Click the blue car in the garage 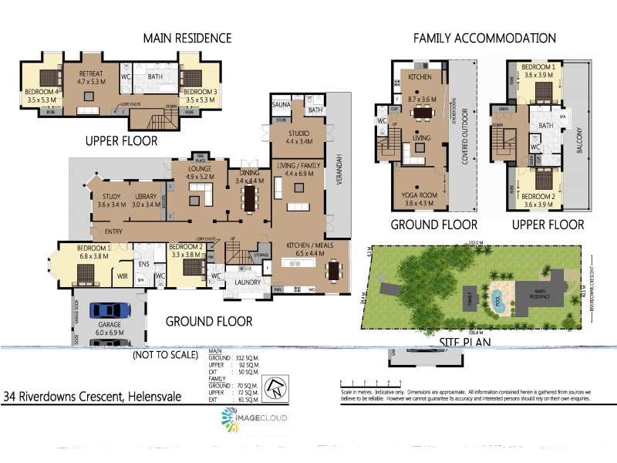(110, 310)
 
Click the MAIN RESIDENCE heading (187, 38)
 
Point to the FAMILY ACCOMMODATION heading (484, 38)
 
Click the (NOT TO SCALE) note (164, 356)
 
